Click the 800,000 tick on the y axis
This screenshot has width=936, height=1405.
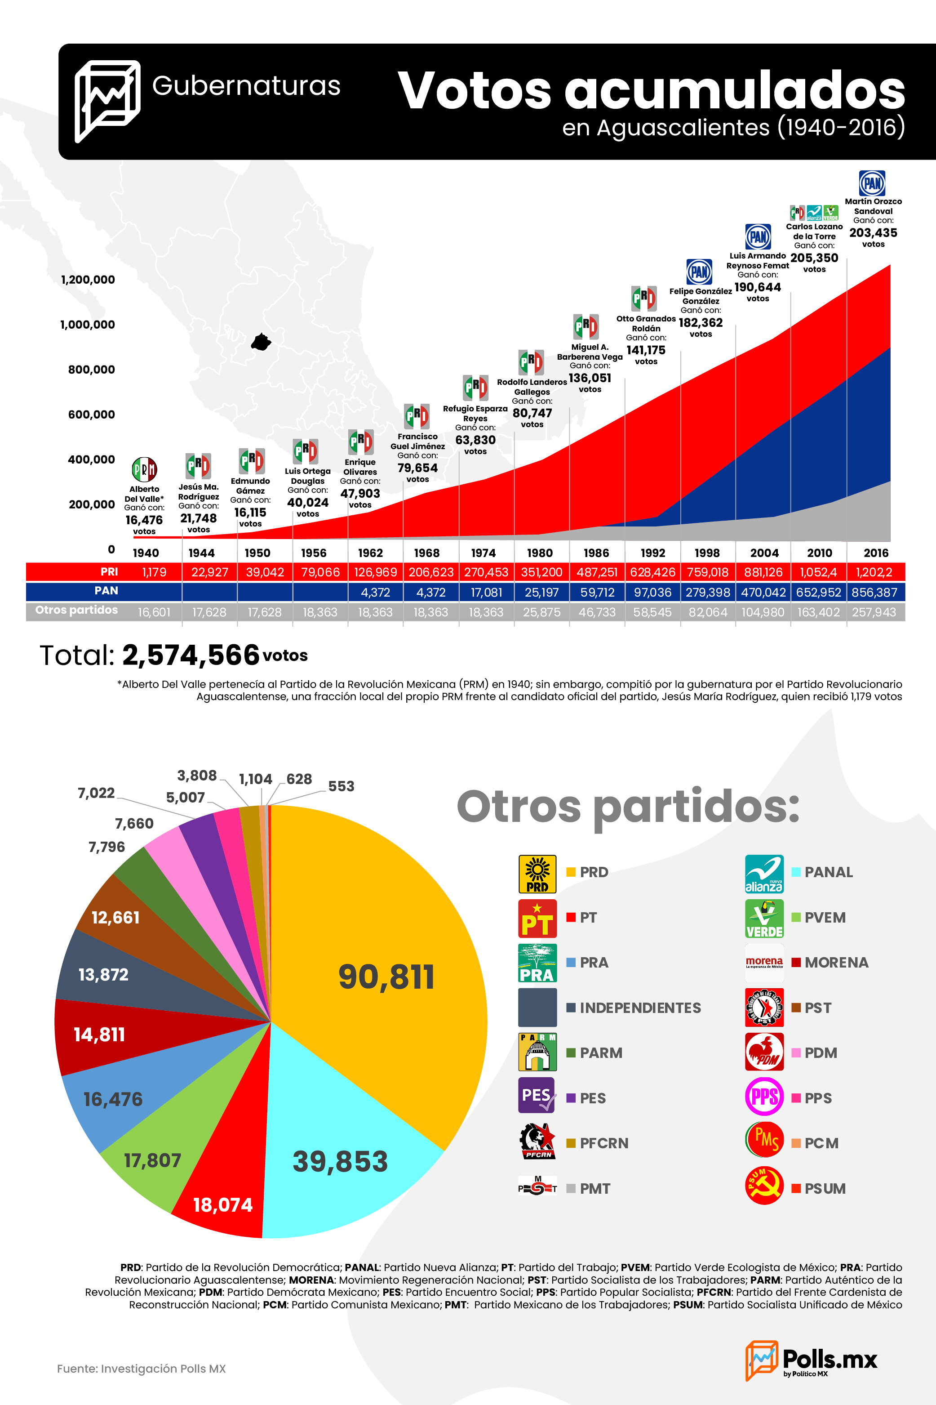tap(91, 370)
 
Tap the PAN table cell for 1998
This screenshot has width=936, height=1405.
tap(708, 592)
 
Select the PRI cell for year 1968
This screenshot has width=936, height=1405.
tap(431, 572)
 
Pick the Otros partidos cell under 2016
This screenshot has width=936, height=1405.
tap(874, 612)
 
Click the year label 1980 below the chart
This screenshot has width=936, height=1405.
tap(540, 553)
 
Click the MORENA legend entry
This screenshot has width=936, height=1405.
tap(830, 963)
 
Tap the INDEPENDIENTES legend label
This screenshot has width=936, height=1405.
tap(640, 1008)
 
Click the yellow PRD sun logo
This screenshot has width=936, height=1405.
tap(537, 874)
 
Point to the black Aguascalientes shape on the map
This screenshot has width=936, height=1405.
tap(261, 342)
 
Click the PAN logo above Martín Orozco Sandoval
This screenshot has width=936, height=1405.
tap(872, 183)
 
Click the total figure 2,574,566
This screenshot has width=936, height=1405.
tap(191, 655)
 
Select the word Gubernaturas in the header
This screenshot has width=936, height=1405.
tap(246, 86)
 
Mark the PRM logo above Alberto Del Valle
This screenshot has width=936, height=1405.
tap(144, 469)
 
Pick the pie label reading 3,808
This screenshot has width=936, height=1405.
tap(197, 776)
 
